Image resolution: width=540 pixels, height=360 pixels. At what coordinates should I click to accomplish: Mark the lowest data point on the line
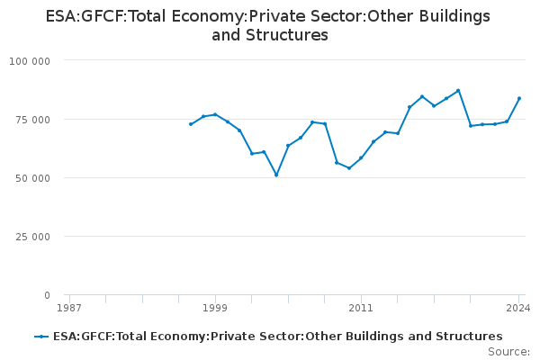coord(276,175)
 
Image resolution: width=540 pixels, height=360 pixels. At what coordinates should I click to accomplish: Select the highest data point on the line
coord(458,90)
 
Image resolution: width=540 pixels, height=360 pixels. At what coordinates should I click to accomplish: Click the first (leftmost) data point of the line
coord(191,124)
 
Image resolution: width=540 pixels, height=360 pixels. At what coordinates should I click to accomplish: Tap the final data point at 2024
coord(519,98)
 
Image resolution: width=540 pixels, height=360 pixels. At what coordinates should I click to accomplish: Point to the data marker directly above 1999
coord(215,114)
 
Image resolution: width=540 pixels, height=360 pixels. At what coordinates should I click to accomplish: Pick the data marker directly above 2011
coord(361,158)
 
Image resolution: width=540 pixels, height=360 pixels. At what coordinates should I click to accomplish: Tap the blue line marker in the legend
coord(41,337)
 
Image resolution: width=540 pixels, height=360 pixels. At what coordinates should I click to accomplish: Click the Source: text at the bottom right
coord(508,352)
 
